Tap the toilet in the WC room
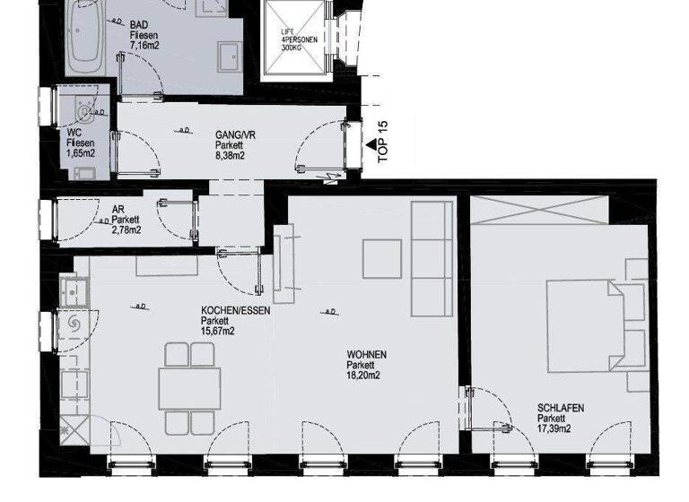[x=83, y=113]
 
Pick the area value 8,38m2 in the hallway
[x=230, y=154]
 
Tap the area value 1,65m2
[x=81, y=153]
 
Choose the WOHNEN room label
[x=367, y=355]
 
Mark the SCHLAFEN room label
[x=561, y=408]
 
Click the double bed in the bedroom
[x=596, y=322]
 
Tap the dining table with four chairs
[x=189, y=385]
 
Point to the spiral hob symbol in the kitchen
[x=73, y=321]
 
